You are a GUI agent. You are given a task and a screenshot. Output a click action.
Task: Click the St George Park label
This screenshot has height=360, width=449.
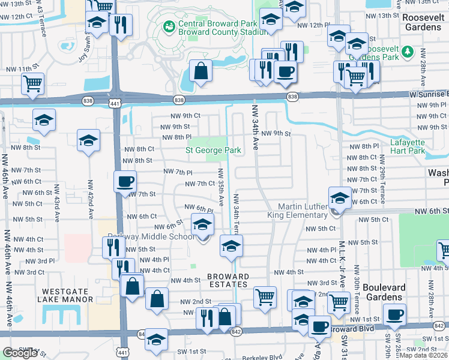[x=213, y=150]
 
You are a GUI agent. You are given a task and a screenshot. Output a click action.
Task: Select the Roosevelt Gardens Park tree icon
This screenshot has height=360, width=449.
[x=408, y=52]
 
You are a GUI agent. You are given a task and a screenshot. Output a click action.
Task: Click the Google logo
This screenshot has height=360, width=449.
[x=20, y=353]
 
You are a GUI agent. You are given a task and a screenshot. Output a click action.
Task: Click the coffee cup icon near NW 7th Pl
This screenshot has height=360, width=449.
[x=125, y=181]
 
